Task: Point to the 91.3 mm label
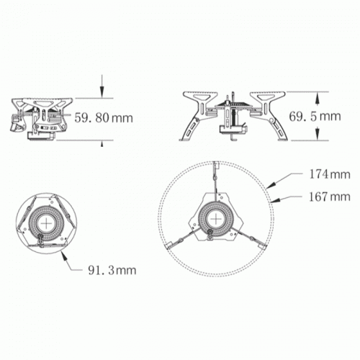pos(112,271)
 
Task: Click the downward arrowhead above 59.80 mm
pos(102,92)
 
